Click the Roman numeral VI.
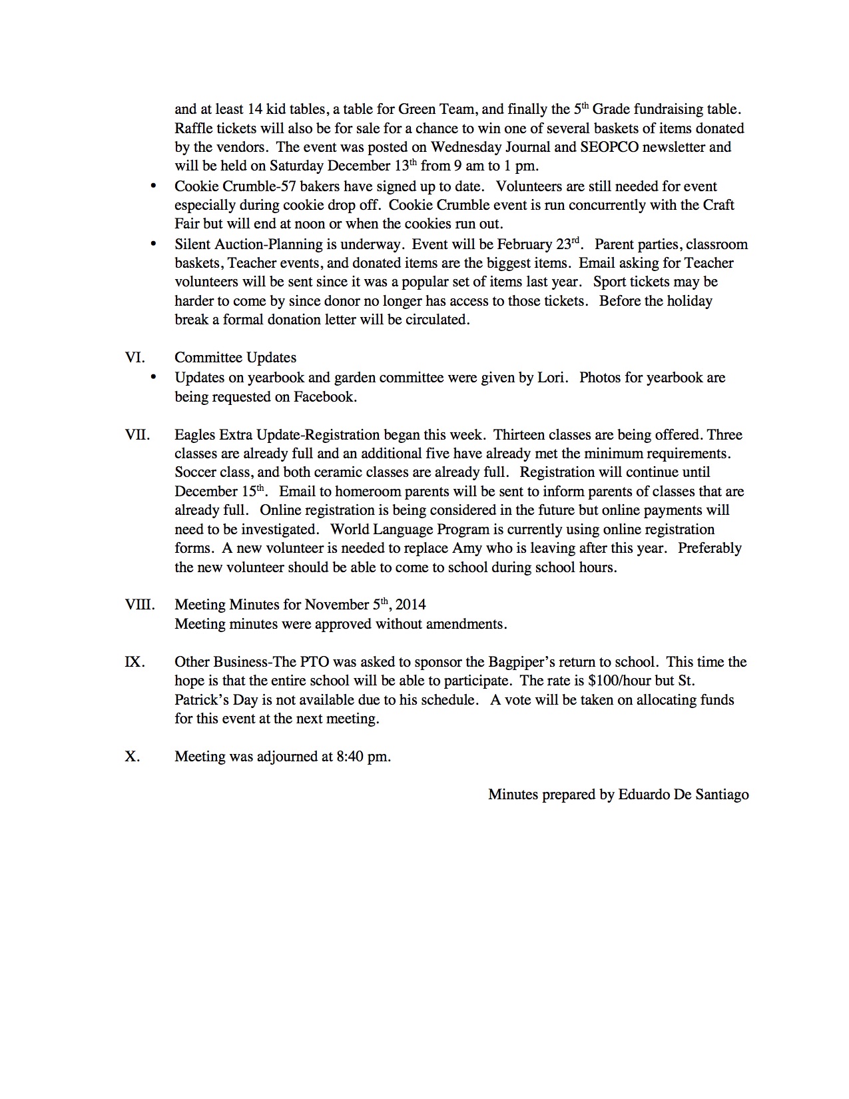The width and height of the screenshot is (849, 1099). (135, 358)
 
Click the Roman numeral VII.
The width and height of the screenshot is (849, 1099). (137, 435)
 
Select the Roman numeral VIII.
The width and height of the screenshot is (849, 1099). (140, 605)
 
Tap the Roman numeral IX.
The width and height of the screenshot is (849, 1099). (135, 662)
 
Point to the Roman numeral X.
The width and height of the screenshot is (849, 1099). (133, 757)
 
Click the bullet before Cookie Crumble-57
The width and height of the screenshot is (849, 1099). (154, 186)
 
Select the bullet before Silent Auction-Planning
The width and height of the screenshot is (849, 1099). (154, 244)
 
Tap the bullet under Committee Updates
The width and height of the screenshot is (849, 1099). (154, 378)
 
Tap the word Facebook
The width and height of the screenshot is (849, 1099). (324, 397)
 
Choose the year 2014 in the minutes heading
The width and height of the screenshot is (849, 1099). (411, 605)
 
